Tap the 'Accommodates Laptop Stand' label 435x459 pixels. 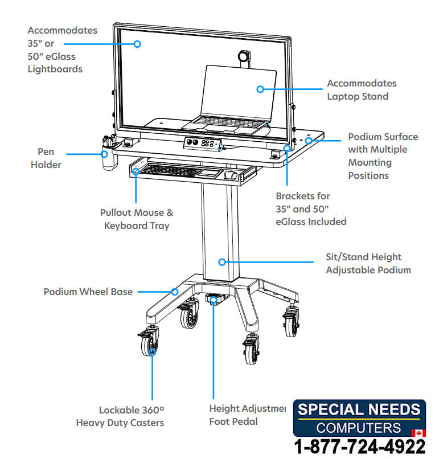click(x=361, y=90)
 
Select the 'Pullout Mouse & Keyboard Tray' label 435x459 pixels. click(x=137, y=219)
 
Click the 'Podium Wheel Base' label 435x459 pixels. click(x=88, y=292)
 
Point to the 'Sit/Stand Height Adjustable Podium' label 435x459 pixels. click(x=368, y=264)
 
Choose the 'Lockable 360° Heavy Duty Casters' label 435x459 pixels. click(x=120, y=416)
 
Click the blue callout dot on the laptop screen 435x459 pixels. click(x=260, y=89)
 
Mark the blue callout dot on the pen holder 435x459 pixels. click(x=105, y=154)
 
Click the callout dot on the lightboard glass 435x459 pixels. click(x=137, y=43)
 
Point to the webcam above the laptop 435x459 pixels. click(x=244, y=57)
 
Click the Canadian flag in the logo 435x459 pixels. click(x=418, y=433)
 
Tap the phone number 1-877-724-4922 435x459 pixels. click(x=359, y=446)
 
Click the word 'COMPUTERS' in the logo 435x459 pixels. click(x=359, y=428)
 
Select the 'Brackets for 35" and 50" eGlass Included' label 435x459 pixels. click(x=311, y=208)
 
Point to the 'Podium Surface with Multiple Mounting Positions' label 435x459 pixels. click(x=383, y=156)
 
